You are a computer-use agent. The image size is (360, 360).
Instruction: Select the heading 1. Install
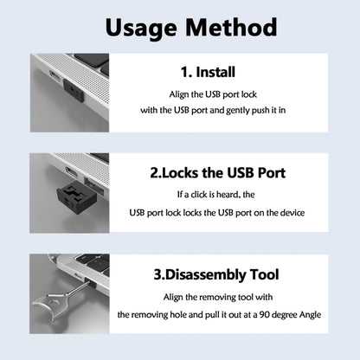(x=207, y=73)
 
